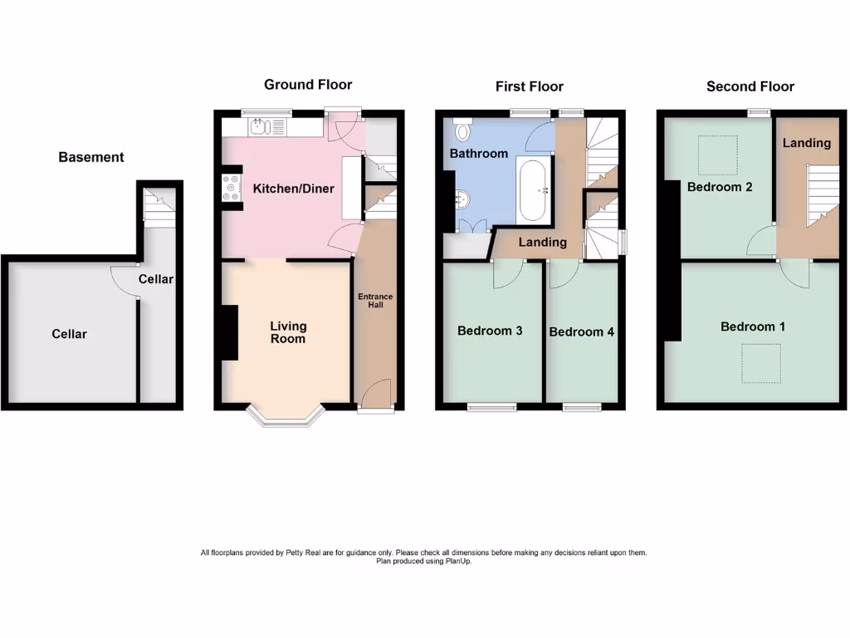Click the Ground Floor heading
point(308,85)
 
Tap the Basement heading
point(91,157)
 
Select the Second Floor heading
point(750,86)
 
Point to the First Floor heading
point(530,86)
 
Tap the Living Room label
point(288,332)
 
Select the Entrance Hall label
point(375,301)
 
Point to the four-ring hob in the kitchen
point(230,188)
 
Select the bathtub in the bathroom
point(532,190)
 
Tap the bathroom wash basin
point(462,199)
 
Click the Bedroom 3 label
point(490,331)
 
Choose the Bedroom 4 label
point(582,331)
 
